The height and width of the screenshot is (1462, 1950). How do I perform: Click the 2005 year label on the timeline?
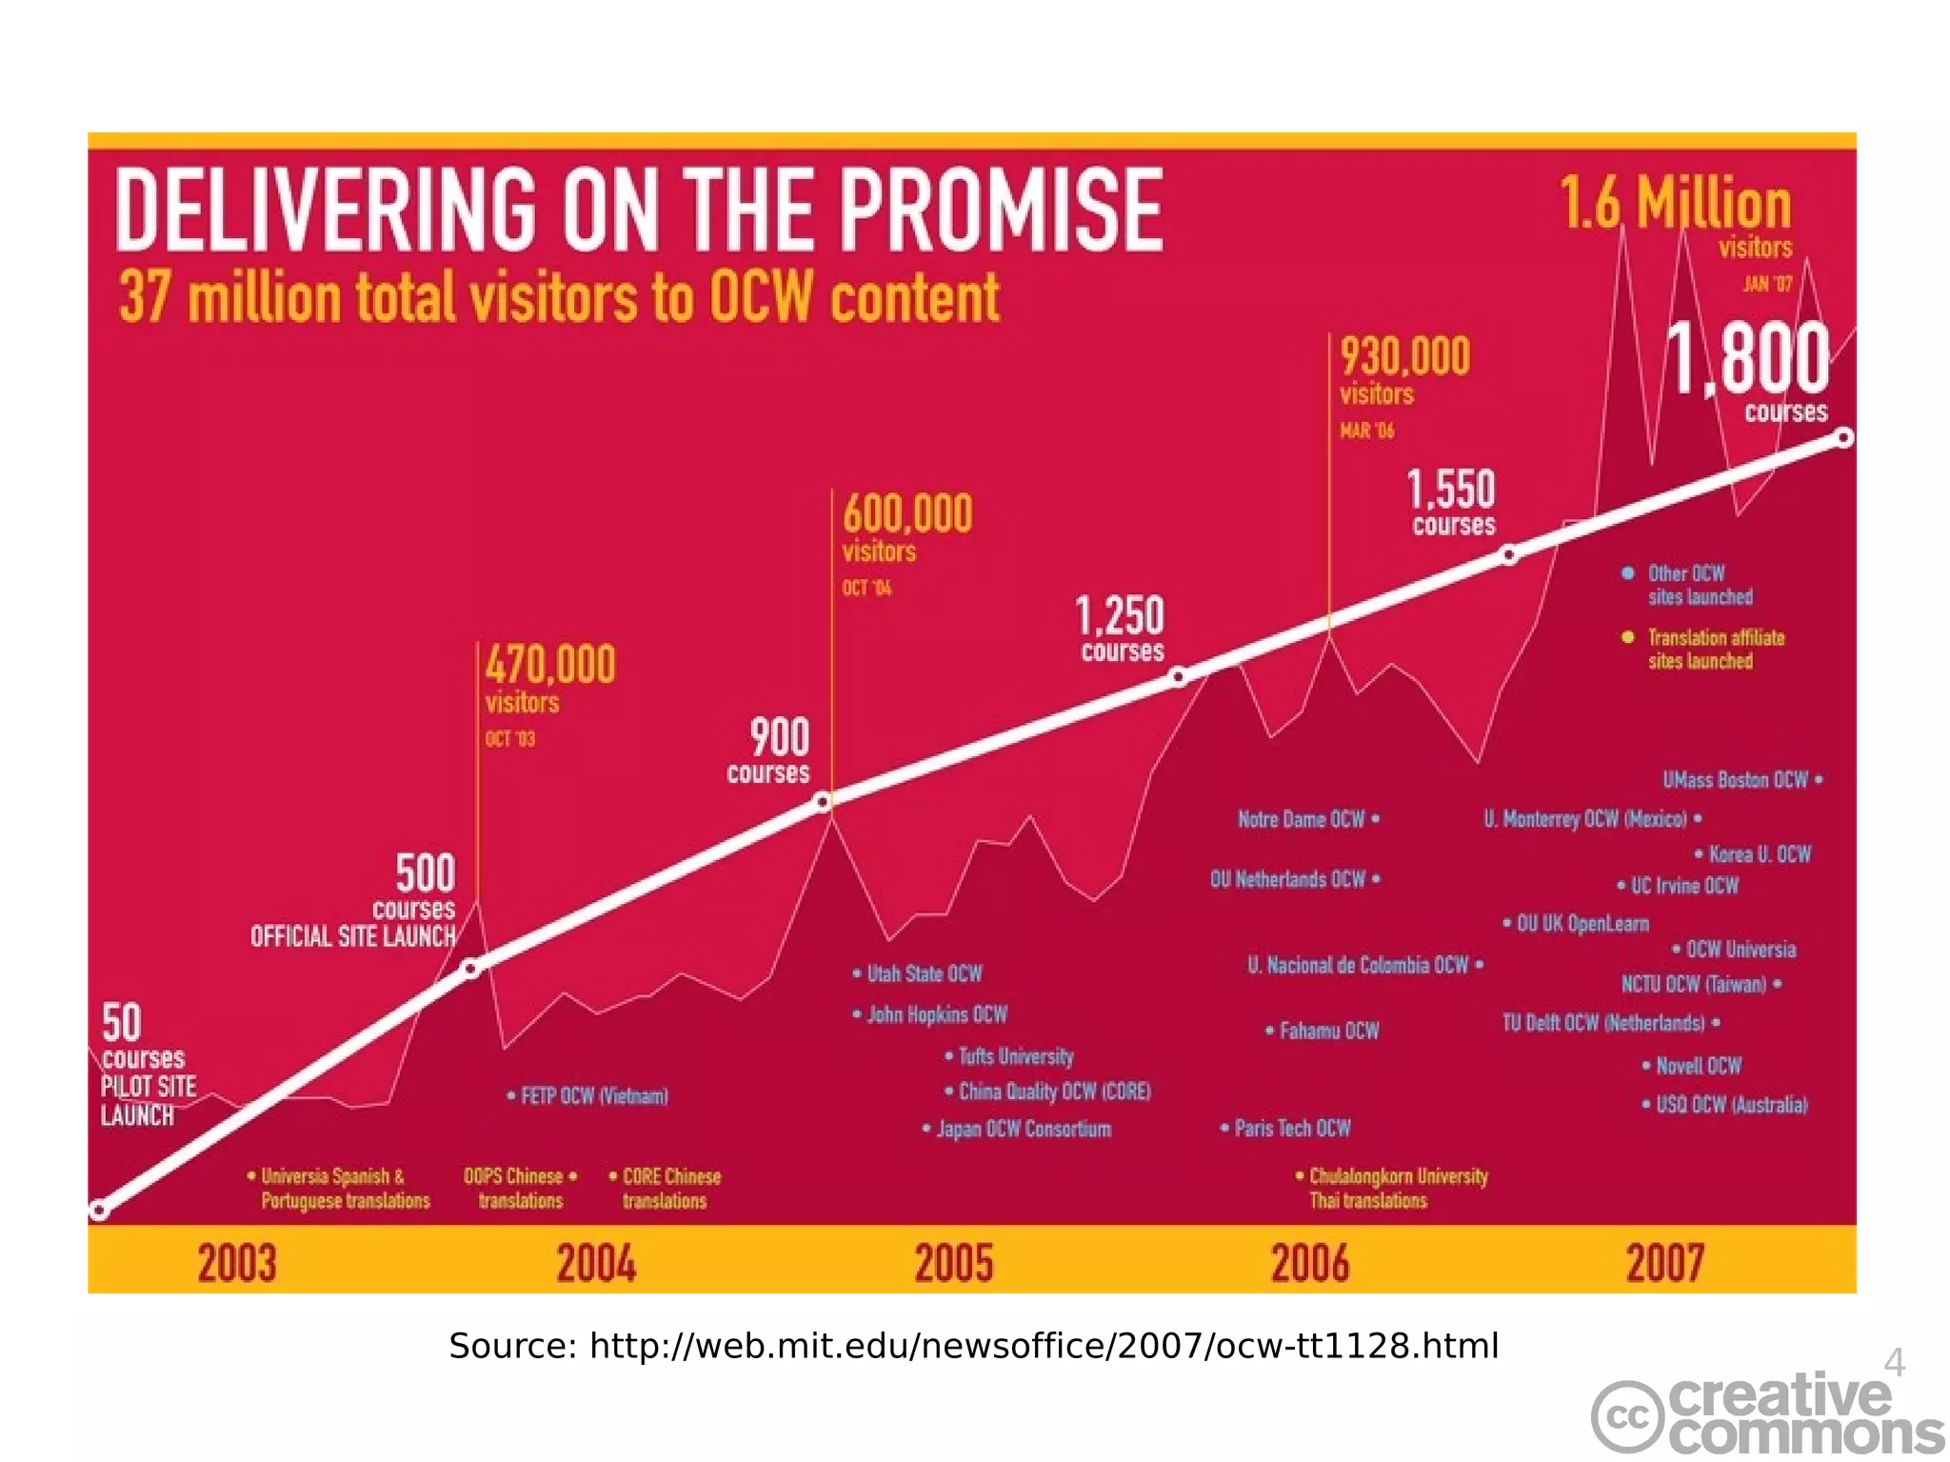pyautogui.click(x=954, y=1263)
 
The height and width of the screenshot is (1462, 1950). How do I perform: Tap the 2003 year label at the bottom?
pyautogui.click(x=237, y=1263)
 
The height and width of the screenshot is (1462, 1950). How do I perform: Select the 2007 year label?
pyautogui.click(x=1664, y=1263)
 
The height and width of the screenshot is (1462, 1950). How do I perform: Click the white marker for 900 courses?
pyautogui.click(x=824, y=803)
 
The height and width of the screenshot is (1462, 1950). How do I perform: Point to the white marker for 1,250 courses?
pyautogui.click(x=1179, y=677)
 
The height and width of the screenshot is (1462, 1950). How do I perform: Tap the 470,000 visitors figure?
pyautogui.click(x=550, y=664)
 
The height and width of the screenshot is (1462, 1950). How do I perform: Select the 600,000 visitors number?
pyautogui.click(x=907, y=514)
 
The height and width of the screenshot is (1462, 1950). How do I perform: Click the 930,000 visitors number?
pyautogui.click(x=1404, y=357)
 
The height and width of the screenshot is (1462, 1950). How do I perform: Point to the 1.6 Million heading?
pyautogui.click(x=1675, y=204)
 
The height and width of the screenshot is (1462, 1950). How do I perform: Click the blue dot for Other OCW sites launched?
pyautogui.click(x=1628, y=573)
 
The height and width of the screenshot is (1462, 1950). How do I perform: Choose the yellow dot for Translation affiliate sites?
pyautogui.click(x=1628, y=637)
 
